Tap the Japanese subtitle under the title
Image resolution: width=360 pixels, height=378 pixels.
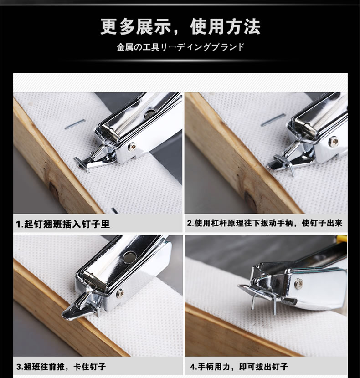(x=180, y=47)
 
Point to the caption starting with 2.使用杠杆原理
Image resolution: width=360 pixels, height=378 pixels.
(x=265, y=224)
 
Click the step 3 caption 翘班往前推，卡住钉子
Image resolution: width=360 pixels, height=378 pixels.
(x=61, y=366)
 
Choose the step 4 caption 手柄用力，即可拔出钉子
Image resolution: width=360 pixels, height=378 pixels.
(x=239, y=366)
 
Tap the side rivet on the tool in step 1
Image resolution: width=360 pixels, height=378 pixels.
(x=132, y=146)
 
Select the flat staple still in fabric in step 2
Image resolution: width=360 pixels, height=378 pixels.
(x=273, y=120)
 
